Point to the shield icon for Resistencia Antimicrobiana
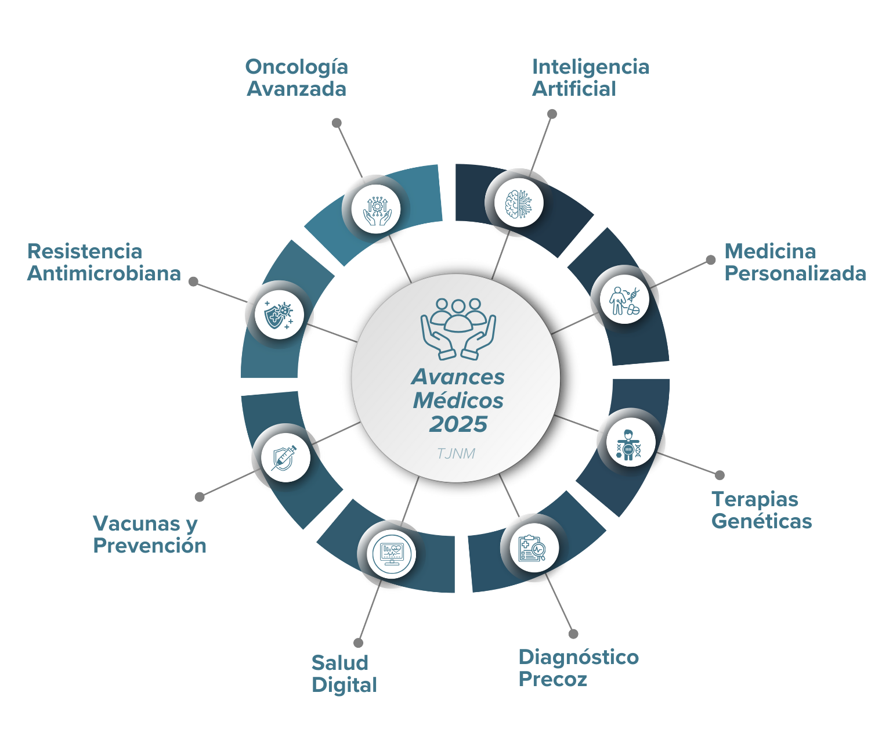[277, 316]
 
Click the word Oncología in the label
[296, 67]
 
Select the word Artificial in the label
[574, 89]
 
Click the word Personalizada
[795, 273]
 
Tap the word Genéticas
[761, 521]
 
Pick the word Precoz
[552, 679]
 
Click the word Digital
[344, 685]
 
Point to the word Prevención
[150, 546]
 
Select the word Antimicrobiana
[104, 273]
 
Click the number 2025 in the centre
[458, 424]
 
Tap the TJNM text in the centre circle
[456, 453]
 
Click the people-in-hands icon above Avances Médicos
[458, 329]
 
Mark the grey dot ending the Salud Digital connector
[358, 643]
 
